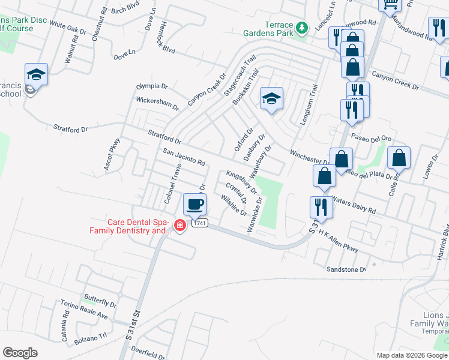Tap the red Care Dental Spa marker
(x=179, y=226)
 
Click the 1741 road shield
(x=200, y=223)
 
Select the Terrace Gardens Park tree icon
(x=303, y=27)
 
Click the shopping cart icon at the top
(x=390, y=5)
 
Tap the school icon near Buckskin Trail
(x=271, y=99)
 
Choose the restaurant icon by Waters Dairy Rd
(x=321, y=208)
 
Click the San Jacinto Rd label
(x=184, y=157)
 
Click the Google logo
(x=20, y=353)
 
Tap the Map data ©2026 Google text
(x=412, y=355)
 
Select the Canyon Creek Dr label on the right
(x=395, y=81)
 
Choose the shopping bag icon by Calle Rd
(x=399, y=158)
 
